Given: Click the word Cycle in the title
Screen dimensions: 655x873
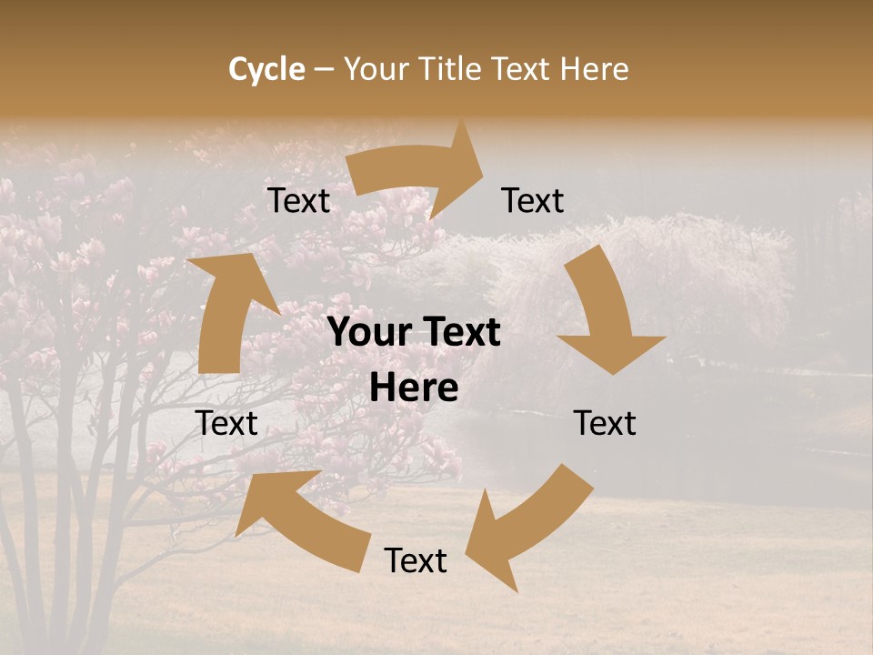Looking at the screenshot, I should point(266,69).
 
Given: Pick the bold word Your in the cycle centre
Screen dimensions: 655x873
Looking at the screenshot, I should point(366,333).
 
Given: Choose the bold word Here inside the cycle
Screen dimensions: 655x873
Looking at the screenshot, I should point(414,388).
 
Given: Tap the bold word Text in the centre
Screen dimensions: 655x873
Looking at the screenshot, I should point(460,333).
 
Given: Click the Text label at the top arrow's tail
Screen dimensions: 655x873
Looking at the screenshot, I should point(298,201).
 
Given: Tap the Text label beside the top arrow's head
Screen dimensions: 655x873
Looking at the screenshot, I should point(533,201).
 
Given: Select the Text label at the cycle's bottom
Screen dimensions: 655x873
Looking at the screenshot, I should point(416,561).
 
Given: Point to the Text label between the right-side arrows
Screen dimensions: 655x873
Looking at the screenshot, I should point(605,423).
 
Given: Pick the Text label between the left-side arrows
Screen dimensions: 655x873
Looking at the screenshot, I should point(226,423).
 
